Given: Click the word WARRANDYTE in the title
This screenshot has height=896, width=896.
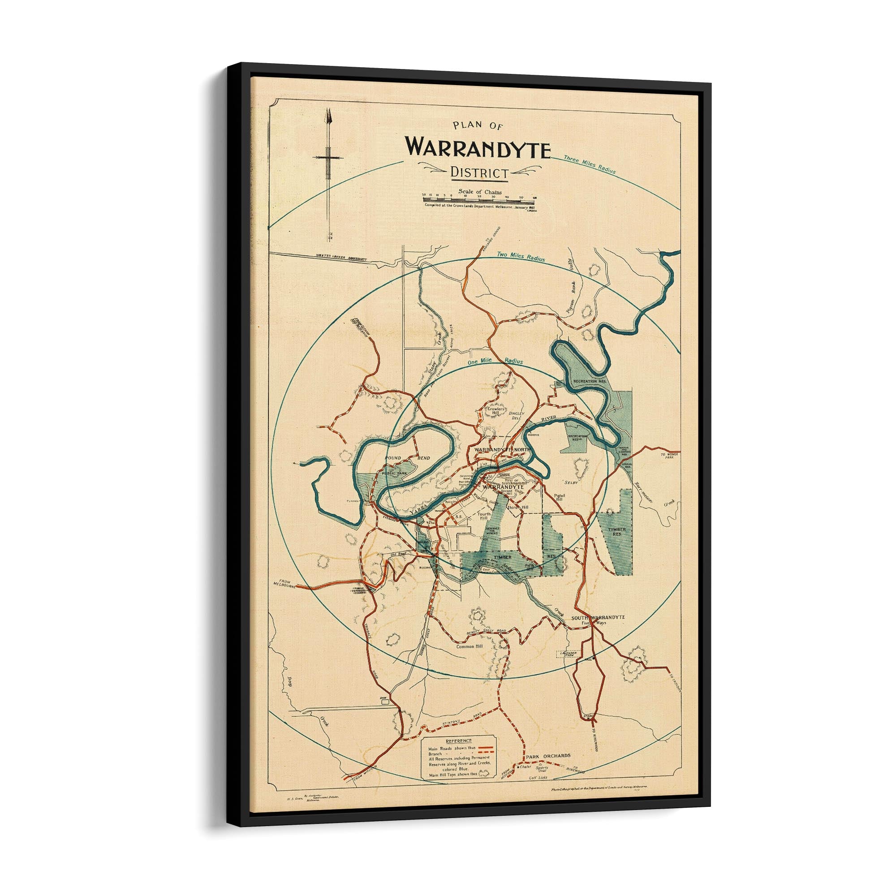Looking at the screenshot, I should point(478,147).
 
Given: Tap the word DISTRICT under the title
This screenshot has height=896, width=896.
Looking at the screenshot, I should point(479,173).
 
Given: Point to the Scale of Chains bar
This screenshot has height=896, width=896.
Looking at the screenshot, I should point(479,199).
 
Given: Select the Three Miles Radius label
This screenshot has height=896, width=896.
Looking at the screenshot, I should point(590,164).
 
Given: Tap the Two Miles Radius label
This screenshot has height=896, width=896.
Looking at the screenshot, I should point(520,255).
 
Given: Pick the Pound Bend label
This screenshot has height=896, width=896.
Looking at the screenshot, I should point(407,458).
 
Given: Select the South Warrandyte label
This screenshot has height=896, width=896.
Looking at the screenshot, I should point(598,618).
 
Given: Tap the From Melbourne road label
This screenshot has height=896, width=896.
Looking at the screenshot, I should point(285,584).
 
